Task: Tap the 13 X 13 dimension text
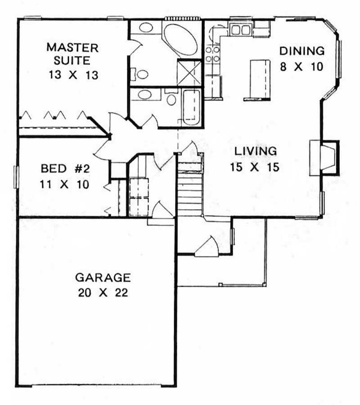coord(74,74)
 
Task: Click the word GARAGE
coord(103,277)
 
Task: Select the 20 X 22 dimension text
coord(103,292)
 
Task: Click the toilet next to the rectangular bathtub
coord(171,98)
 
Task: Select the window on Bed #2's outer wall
coord(17,176)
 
